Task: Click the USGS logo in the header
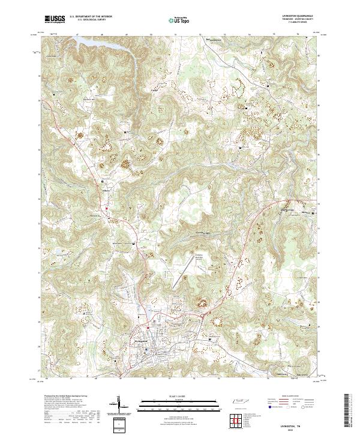pyautogui.click(x=55, y=20)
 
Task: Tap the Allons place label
pyautogui.click(x=107, y=188)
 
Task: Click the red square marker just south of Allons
pyautogui.click(x=107, y=209)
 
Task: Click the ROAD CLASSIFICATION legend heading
pyautogui.click(x=290, y=396)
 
